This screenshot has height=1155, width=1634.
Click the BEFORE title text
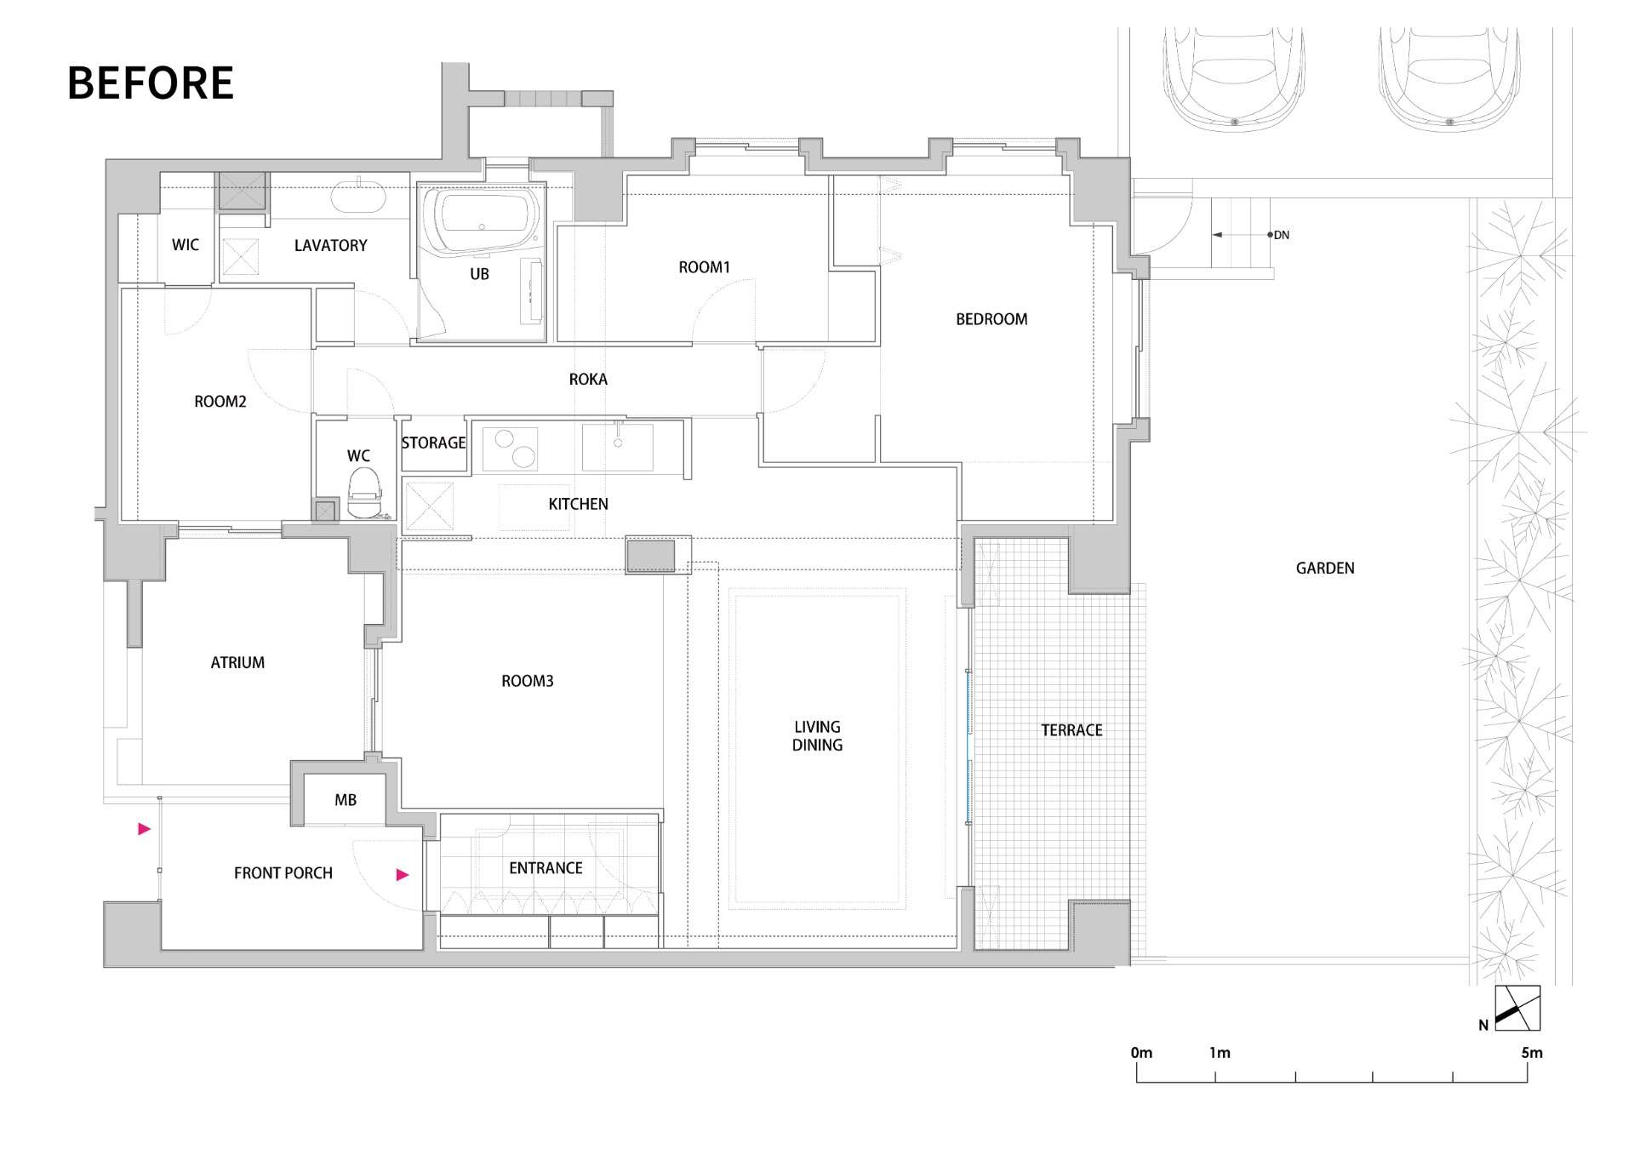click(150, 83)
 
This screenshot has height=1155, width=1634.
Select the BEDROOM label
click(991, 319)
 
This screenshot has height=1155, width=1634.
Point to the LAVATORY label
click(330, 245)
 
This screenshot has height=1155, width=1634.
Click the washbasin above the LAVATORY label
click(358, 195)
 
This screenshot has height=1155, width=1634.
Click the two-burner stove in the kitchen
click(510, 449)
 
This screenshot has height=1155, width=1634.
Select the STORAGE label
click(433, 443)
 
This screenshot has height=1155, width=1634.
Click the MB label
click(346, 800)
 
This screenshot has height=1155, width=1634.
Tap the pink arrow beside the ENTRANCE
click(403, 874)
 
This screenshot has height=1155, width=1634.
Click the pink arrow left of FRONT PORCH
click(145, 828)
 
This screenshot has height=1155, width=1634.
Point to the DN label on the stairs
click(1282, 235)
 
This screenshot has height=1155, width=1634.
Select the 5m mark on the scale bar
click(1532, 1053)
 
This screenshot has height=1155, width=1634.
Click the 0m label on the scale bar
click(1141, 1053)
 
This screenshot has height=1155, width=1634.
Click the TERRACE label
click(1071, 730)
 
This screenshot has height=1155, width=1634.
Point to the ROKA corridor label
click(588, 379)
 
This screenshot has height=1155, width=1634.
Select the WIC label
click(186, 245)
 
